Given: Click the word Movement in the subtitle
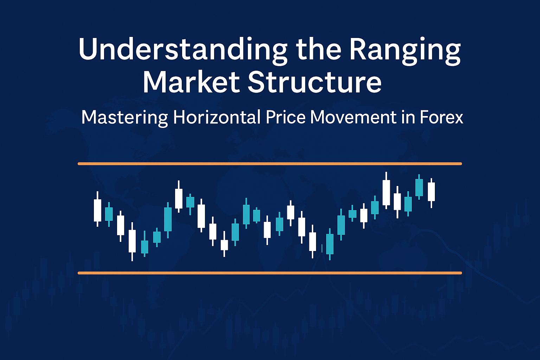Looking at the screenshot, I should coord(353,117).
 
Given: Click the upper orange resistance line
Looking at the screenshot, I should coord(269,163).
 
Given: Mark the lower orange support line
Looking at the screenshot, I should coord(269,273).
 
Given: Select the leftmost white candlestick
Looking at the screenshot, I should coord(97,210).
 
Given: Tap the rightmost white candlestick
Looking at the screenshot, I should coord(431,192).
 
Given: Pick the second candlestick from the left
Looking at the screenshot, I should coord(109,214).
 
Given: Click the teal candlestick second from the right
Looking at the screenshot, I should coord(419,187).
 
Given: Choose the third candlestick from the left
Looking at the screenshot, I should coord(121,225).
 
